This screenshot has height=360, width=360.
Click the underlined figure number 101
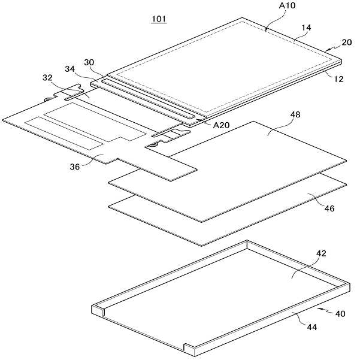[x=159, y=19]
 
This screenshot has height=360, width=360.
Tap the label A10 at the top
[x=287, y=5]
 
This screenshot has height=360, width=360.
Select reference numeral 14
[x=306, y=28]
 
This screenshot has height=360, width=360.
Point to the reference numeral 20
[x=347, y=43]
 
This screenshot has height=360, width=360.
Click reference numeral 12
[x=338, y=79]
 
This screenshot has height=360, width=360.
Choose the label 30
[x=89, y=62]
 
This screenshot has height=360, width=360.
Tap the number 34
[x=70, y=69]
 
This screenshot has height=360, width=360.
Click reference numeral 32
[x=47, y=78]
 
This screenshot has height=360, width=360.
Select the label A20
[x=221, y=125]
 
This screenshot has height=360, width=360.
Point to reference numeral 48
[x=295, y=114]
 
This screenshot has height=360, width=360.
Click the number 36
[x=75, y=167]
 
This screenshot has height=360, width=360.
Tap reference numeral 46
[x=329, y=208]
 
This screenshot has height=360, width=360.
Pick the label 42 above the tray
[x=321, y=253]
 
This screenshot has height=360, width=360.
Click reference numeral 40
[x=340, y=313]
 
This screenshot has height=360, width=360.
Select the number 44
[x=312, y=327]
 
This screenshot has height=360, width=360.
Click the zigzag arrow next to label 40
[x=325, y=311]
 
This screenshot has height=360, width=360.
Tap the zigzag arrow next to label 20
[x=332, y=47]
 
